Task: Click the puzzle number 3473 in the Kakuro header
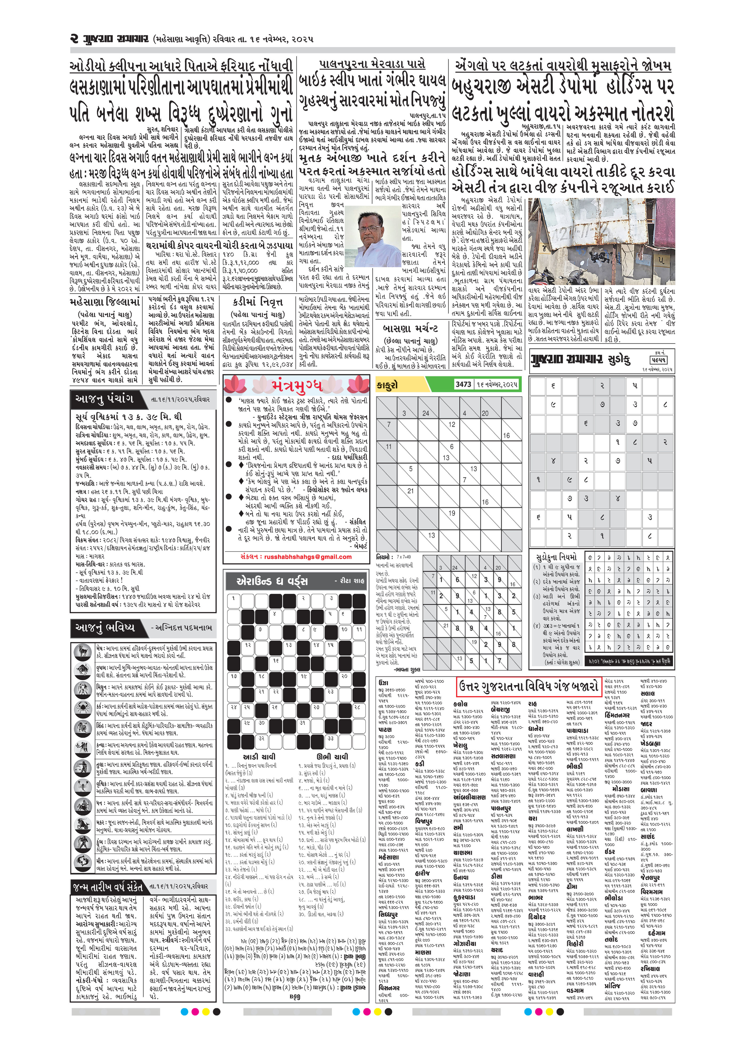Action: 463,384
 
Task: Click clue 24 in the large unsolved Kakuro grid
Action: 426,413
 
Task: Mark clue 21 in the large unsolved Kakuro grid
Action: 410,491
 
